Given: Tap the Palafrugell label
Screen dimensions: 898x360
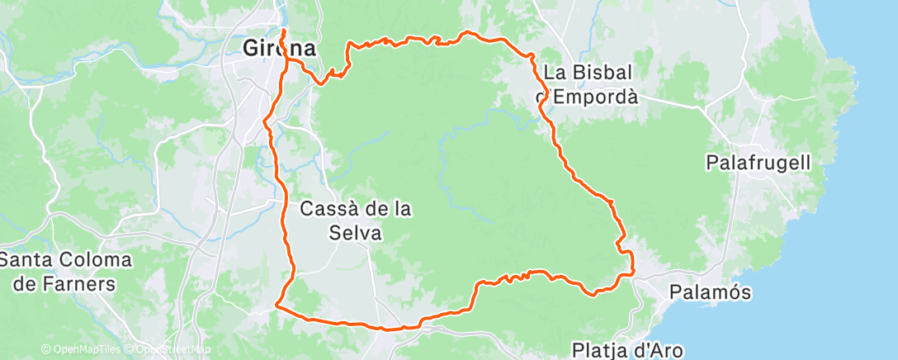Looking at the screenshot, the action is (759, 163).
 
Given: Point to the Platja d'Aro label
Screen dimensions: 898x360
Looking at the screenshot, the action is (631, 350).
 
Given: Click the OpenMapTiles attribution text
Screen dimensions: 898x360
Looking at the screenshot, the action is (79, 349).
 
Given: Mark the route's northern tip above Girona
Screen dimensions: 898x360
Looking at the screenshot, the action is (283, 31).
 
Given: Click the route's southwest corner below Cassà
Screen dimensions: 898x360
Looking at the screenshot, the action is (276, 307).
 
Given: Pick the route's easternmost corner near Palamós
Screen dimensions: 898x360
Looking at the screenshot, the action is (633, 272).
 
